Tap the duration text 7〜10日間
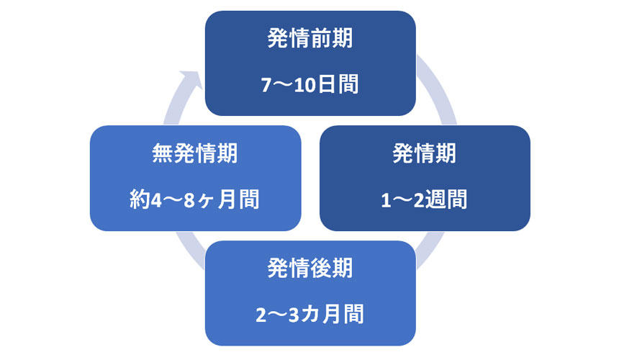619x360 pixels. tap(310, 84)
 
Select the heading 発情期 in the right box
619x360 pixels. tap(425, 153)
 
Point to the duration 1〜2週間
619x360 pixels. tap(425, 199)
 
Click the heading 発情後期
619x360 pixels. tap(310, 269)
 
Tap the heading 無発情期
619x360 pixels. tap(195, 153)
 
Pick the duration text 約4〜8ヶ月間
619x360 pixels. tap(195, 199)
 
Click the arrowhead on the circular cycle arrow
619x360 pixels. tap(191, 78)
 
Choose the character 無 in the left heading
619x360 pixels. tap(163, 153)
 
